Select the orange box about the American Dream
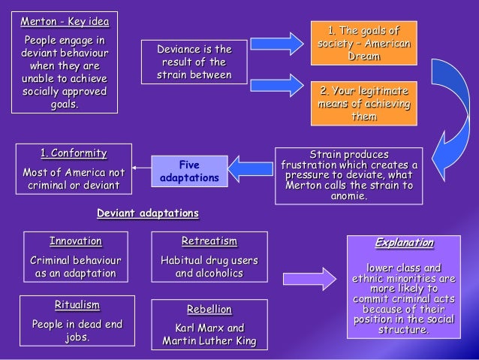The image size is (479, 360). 363,43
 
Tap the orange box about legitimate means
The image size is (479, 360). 364,103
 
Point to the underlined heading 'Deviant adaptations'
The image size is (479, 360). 148,213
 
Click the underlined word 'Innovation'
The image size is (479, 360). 76,241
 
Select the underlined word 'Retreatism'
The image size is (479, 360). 209,241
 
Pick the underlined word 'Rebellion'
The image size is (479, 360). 209,309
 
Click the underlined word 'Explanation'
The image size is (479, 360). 404,243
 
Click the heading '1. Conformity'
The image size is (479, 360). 73,153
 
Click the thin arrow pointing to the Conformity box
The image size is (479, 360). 142,169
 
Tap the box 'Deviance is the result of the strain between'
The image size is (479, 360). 194,62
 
